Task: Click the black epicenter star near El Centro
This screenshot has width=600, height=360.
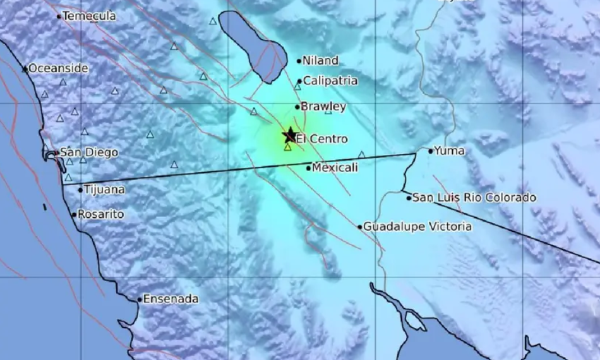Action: pyautogui.click(x=290, y=135)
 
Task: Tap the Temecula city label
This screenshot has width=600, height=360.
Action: pyautogui.click(x=90, y=16)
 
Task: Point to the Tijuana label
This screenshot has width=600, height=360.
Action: pyautogui.click(x=105, y=189)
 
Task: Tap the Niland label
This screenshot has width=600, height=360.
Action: pyautogui.click(x=321, y=61)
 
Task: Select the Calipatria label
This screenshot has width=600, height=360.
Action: pyautogui.click(x=330, y=81)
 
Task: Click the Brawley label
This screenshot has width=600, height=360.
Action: pyautogui.click(x=323, y=107)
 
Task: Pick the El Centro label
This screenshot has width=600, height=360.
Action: pyautogui.click(x=322, y=138)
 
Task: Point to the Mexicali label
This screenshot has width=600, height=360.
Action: pyautogui.click(x=335, y=167)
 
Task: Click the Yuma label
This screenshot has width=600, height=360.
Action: pyautogui.click(x=450, y=150)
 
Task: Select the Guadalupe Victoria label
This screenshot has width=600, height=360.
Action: pyautogui.click(x=417, y=226)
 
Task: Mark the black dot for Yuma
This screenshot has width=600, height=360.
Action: pyautogui.click(x=431, y=150)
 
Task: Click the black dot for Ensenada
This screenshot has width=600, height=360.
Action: pyautogui.click(x=140, y=299)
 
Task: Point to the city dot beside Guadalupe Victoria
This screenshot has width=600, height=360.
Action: pyautogui.click(x=360, y=227)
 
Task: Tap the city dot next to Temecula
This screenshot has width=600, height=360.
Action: pyautogui.click(x=59, y=16)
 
